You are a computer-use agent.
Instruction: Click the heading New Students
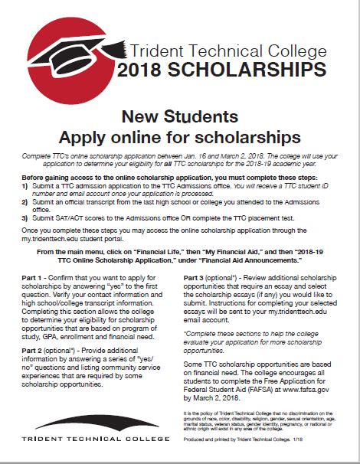[180, 117]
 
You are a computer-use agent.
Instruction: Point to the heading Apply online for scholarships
[180, 138]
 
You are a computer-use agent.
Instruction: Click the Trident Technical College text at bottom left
[85, 439]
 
